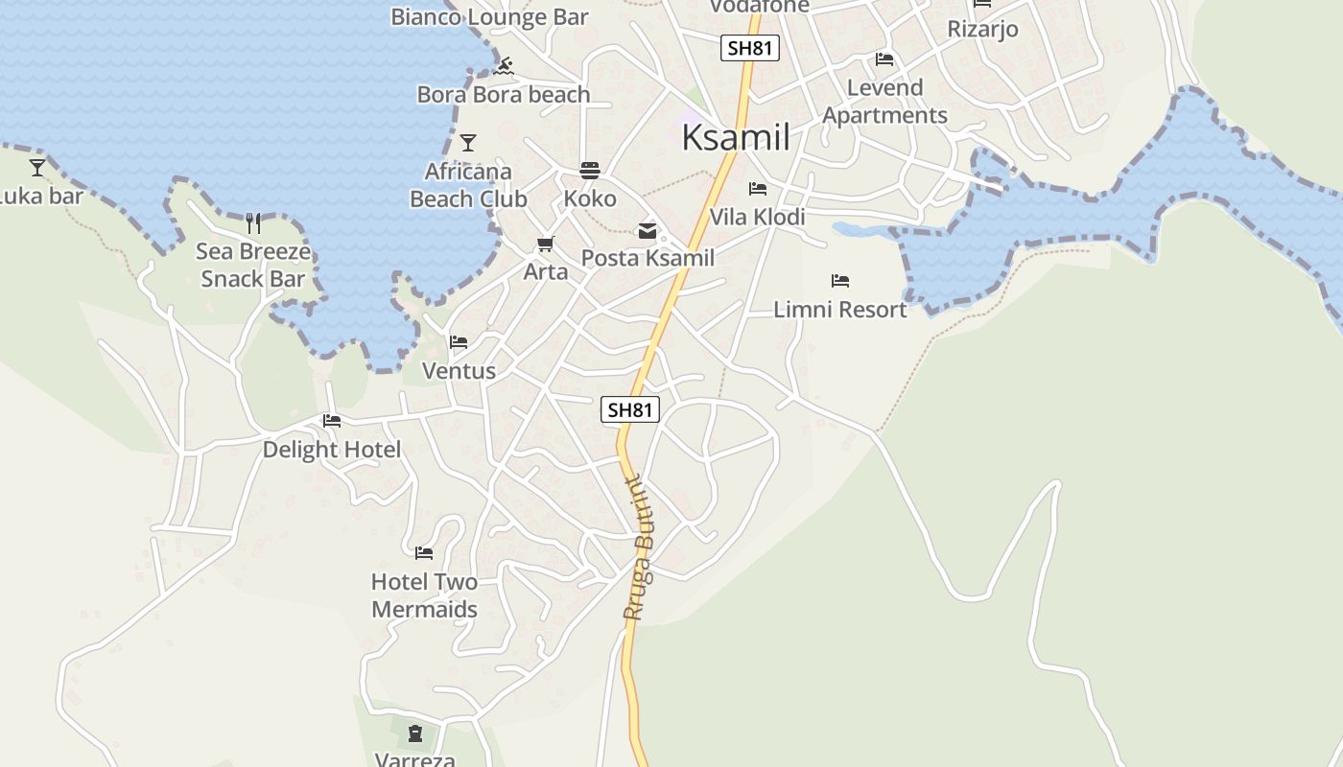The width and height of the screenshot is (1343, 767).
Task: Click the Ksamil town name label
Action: point(736,138)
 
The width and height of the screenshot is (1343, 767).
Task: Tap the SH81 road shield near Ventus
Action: point(630,409)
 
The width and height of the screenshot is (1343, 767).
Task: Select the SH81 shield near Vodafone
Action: point(750,48)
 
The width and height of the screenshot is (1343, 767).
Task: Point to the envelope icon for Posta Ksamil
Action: point(648,231)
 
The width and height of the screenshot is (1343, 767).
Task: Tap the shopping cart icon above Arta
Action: point(546,244)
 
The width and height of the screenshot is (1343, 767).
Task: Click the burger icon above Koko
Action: point(589,171)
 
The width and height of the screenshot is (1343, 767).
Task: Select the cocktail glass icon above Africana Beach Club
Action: point(468,143)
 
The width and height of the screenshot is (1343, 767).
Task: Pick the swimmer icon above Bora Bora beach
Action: point(504,67)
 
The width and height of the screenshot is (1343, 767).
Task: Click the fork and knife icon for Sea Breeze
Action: point(253,223)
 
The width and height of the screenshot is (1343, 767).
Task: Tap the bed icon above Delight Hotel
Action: point(332,421)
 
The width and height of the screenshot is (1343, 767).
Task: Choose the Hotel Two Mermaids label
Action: point(424,595)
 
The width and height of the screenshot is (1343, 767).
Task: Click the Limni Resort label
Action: point(840,310)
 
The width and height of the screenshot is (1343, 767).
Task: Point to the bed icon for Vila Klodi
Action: point(758,189)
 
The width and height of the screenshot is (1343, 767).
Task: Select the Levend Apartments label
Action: point(884,102)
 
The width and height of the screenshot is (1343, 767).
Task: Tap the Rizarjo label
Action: point(982,29)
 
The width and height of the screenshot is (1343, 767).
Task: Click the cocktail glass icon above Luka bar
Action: point(37,168)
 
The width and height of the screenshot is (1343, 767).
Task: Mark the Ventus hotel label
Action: point(459,371)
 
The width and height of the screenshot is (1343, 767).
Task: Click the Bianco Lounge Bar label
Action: point(489,16)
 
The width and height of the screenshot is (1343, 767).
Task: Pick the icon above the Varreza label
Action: point(415,733)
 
